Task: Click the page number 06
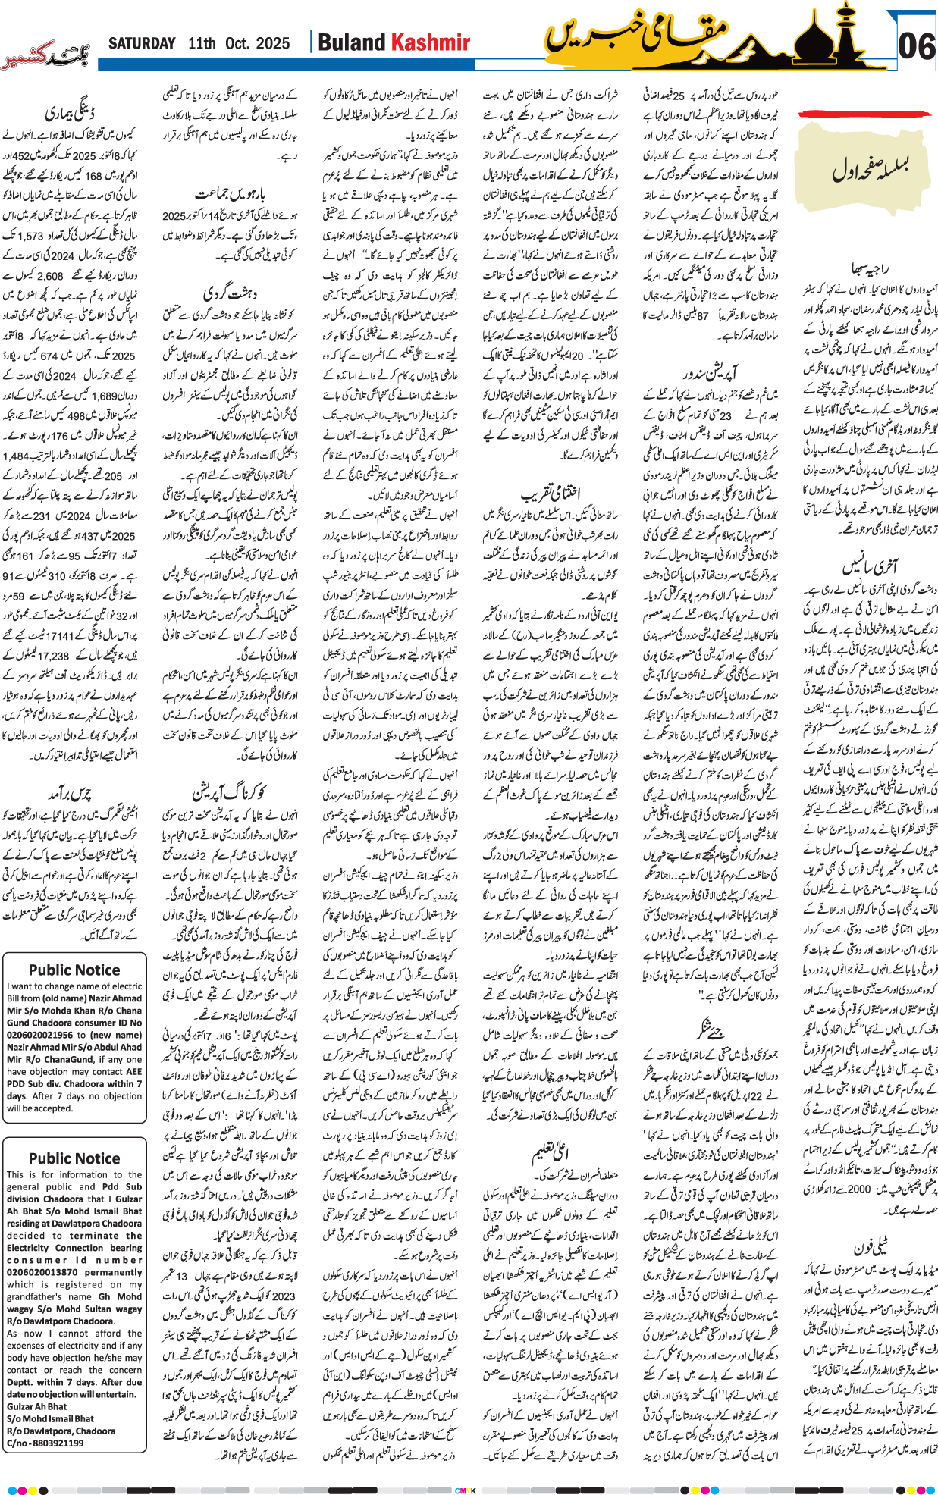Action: point(915,47)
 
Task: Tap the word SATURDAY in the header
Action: point(142,43)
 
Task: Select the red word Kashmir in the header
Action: point(431,43)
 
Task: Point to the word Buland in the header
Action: point(352,43)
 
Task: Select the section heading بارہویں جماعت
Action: point(230,194)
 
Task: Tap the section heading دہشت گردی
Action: point(230,291)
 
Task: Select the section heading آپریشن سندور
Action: point(709,375)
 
